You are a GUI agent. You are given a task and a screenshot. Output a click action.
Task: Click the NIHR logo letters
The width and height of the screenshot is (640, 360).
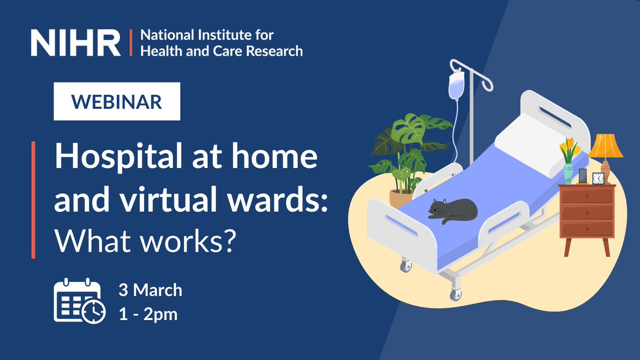(76, 43)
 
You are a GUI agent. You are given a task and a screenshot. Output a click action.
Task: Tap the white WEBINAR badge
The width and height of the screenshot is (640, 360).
(117, 101)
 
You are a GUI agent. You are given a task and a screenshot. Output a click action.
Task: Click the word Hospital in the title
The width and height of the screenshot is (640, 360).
(116, 159)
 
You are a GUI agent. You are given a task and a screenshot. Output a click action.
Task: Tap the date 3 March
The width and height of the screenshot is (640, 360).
(150, 291)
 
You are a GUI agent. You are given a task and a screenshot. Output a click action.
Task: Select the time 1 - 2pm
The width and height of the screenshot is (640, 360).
(148, 314)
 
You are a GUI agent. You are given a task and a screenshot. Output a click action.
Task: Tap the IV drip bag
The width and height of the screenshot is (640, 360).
(455, 85)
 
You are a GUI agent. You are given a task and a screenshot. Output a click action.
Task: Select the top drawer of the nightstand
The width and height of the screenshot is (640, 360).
(587, 196)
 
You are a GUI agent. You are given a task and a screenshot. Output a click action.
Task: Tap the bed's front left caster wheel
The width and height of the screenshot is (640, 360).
(407, 265)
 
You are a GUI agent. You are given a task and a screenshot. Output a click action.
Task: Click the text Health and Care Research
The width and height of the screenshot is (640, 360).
(221, 51)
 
